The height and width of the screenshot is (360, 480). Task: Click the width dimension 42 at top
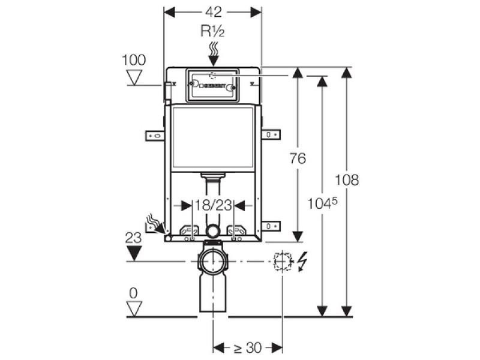(x=213, y=12)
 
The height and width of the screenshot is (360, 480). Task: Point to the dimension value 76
(x=297, y=158)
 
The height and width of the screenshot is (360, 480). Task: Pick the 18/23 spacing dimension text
(x=213, y=205)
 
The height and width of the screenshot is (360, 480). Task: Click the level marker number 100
(x=133, y=59)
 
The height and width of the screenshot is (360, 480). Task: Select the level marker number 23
(x=133, y=238)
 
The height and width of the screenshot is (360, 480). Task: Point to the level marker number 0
(x=133, y=293)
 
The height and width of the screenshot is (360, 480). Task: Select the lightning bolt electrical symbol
(x=302, y=262)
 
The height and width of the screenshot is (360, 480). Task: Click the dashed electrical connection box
(x=282, y=262)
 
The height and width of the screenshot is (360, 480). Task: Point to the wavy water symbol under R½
(x=212, y=49)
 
